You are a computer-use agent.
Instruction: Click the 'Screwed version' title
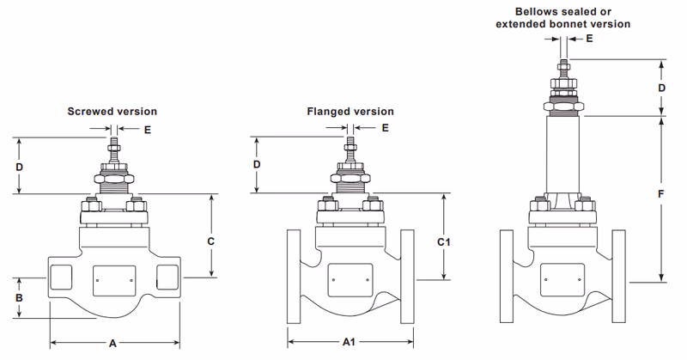[112, 112]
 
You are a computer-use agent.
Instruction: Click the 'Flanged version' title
[350, 112]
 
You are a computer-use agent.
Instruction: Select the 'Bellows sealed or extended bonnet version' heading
[562, 18]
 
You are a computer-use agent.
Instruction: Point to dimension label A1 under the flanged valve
[350, 342]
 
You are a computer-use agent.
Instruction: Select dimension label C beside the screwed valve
[211, 241]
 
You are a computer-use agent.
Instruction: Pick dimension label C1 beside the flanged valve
[444, 242]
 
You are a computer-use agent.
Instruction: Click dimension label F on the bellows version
[660, 194]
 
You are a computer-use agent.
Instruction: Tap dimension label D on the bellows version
[661, 88]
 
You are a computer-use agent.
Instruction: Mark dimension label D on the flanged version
[256, 164]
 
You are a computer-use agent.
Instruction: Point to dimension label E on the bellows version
[588, 39]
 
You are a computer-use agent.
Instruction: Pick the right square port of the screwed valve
[167, 278]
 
